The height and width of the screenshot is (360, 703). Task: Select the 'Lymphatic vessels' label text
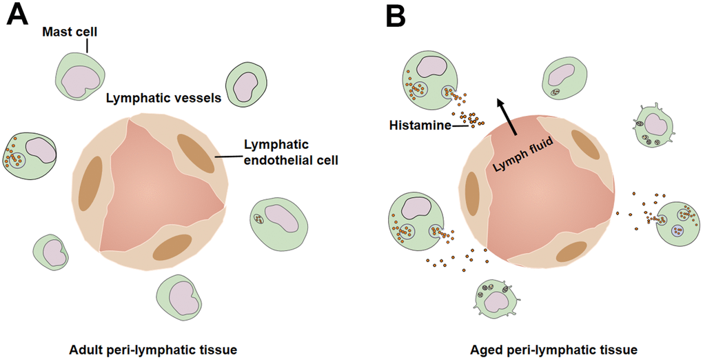point(163,98)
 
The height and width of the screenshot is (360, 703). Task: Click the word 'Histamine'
point(416,126)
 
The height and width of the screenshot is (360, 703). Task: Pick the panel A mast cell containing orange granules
point(28,154)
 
